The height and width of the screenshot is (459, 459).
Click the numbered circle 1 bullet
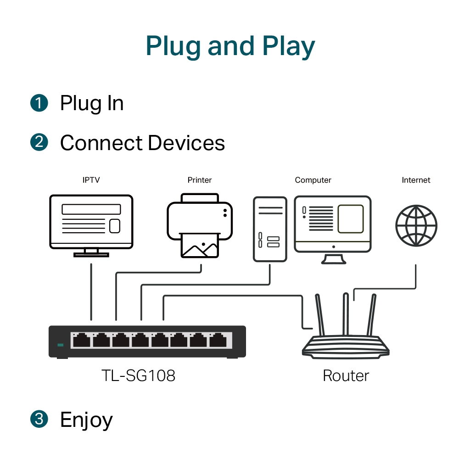[39, 102]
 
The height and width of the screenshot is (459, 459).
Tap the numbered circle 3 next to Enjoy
[39, 419]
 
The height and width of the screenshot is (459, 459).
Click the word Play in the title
[289, 47]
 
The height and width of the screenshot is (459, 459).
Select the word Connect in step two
[101, 143]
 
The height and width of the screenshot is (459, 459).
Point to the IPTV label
[91, 180]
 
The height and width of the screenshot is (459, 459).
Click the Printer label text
[200, 180]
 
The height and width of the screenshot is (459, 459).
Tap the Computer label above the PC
[313, 180]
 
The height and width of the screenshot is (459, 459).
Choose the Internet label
[416, 180]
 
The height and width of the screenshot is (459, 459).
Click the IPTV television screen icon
[91, 222]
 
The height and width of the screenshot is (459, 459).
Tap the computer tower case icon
[270, 229]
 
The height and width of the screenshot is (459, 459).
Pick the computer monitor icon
[332, 225]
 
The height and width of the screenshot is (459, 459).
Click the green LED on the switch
[60, 345]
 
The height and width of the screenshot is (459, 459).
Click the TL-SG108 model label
[138, 376]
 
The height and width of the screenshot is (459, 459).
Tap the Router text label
[346, 376]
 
